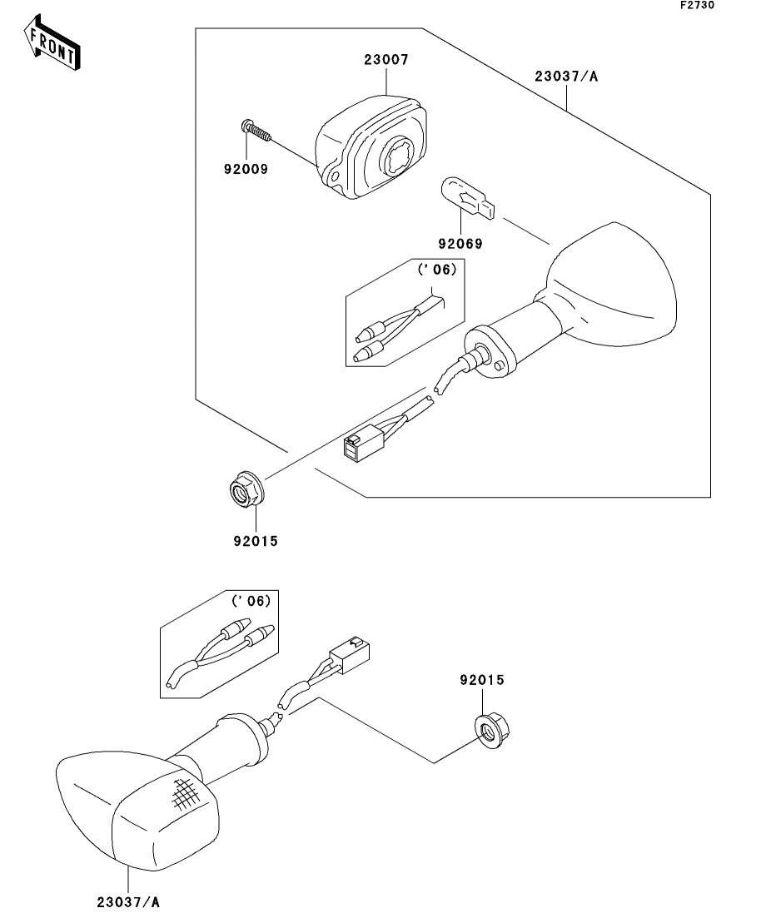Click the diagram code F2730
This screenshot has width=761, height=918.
pyautogui.click(x=696, y=5)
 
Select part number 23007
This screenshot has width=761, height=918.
pyautogui.click(x=385, y=60)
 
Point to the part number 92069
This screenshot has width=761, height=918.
pyautogui.click(x=460, y=244)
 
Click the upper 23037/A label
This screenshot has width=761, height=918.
pyautogui.click(x=566, y=77)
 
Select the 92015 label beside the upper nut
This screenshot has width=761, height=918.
pyautogui.click(x=255, y=541)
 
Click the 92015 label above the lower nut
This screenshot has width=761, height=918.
pyautogui.click(x=482, y=680)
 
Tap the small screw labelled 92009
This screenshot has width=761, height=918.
pyautogui.click(x=256, y=130)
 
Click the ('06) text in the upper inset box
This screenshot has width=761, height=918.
pyautogui.click(x=437, y=269)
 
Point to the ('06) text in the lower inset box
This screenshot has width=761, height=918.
pyautogui.click(x=250, y=600)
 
